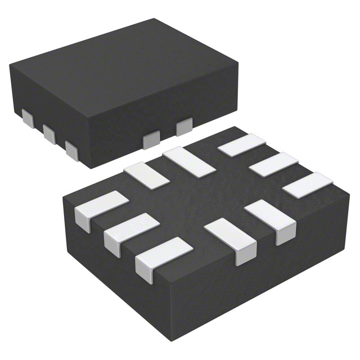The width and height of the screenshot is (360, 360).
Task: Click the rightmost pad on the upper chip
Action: click(x=184, y=127)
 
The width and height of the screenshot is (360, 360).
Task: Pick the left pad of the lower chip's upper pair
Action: click(x=146, y=175)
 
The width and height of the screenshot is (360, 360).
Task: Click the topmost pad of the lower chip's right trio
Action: click(x=242, y=145)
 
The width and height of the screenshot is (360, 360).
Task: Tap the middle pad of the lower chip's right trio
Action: click(x=272, y=164)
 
